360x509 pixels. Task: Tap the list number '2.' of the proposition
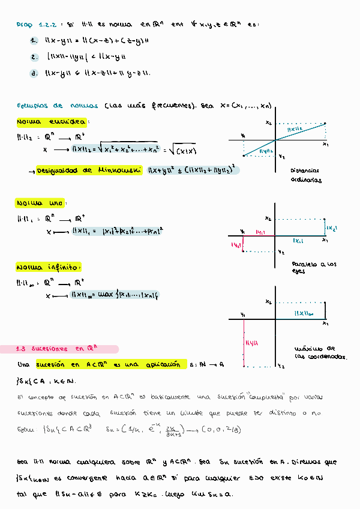(34, 58)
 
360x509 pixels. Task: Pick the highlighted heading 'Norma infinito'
(49, 267)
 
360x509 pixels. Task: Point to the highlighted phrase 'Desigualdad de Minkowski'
(88, 170)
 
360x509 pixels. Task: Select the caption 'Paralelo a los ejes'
(314, 268)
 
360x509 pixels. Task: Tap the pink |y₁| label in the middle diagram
(260, 231)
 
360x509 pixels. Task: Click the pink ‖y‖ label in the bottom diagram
(251, 342)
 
